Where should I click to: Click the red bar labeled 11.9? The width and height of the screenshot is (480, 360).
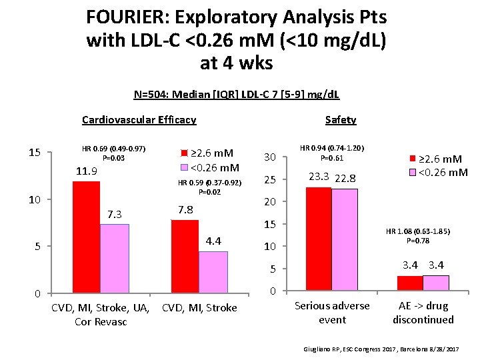click(x=86, y=237)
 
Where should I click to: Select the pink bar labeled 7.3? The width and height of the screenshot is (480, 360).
click(x=115, y=259)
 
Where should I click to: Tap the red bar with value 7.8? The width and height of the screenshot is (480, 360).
click(x=185, y=256)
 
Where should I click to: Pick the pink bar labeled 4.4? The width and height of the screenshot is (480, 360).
click(x=213, y=272)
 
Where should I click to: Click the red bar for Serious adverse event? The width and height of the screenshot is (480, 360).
click(x=318, y=239)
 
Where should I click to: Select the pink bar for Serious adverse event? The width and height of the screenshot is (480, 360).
click(x=345, y=240)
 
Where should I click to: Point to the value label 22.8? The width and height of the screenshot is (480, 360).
click(x=345, y=178)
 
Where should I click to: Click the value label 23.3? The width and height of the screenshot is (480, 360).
click(x=319, y=177)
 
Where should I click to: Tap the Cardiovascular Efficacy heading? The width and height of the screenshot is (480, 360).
click(x=139, y=120)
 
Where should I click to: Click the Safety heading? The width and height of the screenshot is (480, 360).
click(x=341, y=120)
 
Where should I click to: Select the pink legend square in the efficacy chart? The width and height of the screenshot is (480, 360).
click(x=185, y=167)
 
